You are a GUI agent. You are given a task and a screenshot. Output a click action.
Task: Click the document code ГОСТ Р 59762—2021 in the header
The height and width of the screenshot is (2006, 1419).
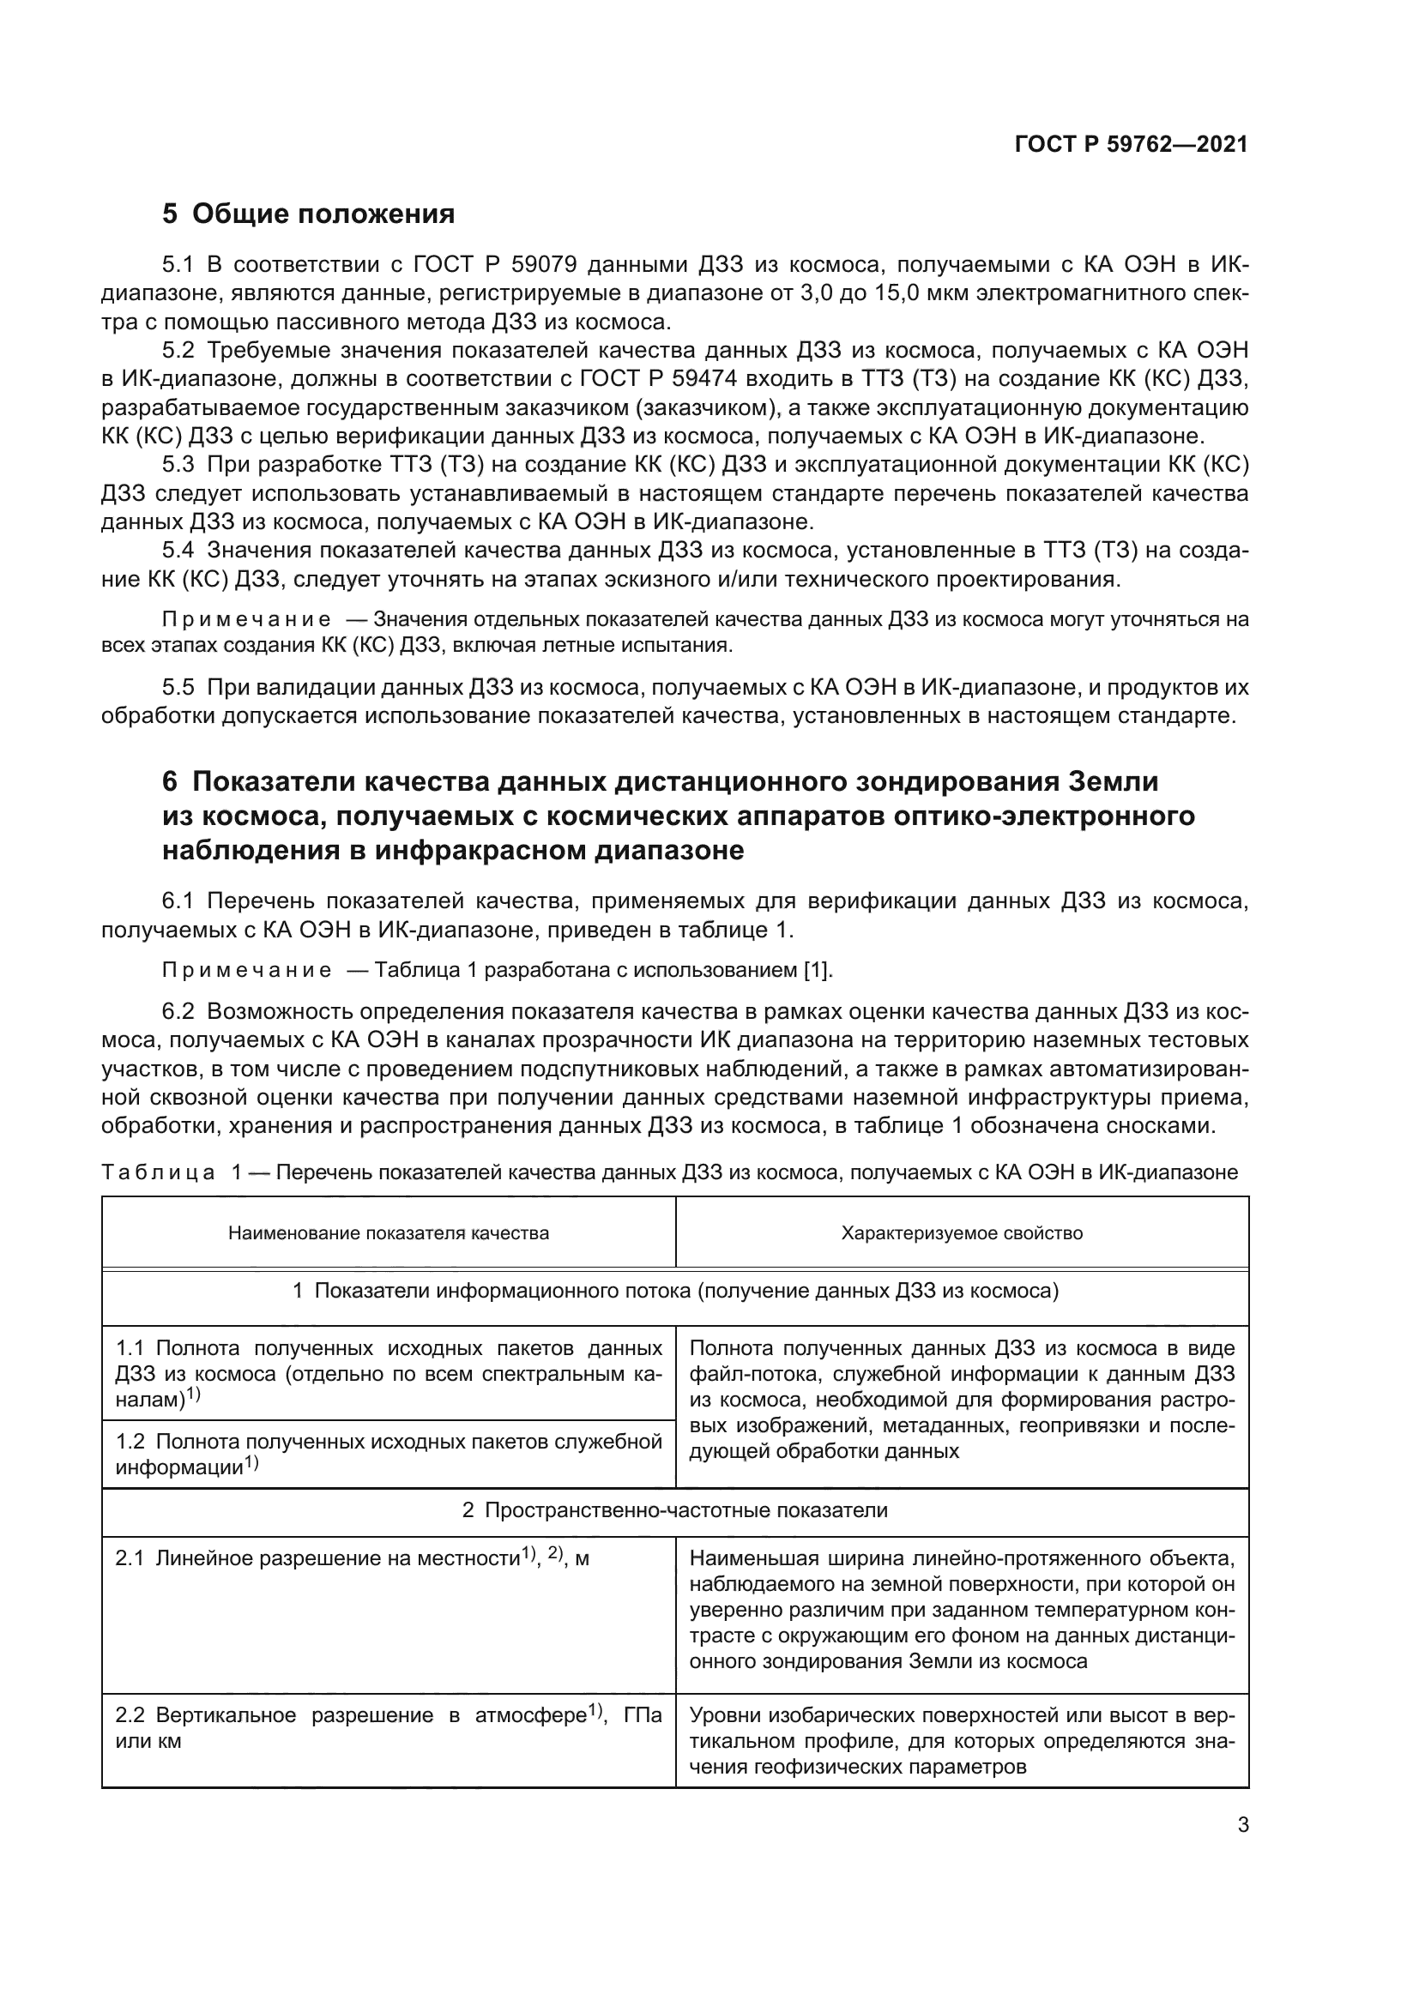(x=1131, y=144)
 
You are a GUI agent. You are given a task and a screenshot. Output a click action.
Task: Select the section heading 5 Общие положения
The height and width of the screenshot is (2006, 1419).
(x=309, y=214)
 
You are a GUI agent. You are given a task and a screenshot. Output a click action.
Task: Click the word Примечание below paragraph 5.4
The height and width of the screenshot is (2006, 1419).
(x=246, y=619)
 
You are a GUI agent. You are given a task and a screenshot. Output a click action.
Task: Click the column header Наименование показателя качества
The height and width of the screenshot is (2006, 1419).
(x=389, y=1232)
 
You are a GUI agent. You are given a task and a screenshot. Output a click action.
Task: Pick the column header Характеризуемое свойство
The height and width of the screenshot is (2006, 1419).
(x=962, y=1232)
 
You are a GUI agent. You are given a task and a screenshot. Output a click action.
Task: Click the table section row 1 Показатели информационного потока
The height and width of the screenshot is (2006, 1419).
(x=674, y=1292)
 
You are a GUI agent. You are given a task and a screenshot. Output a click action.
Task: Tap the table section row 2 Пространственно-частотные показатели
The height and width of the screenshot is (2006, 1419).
(x=674, y=1509)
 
